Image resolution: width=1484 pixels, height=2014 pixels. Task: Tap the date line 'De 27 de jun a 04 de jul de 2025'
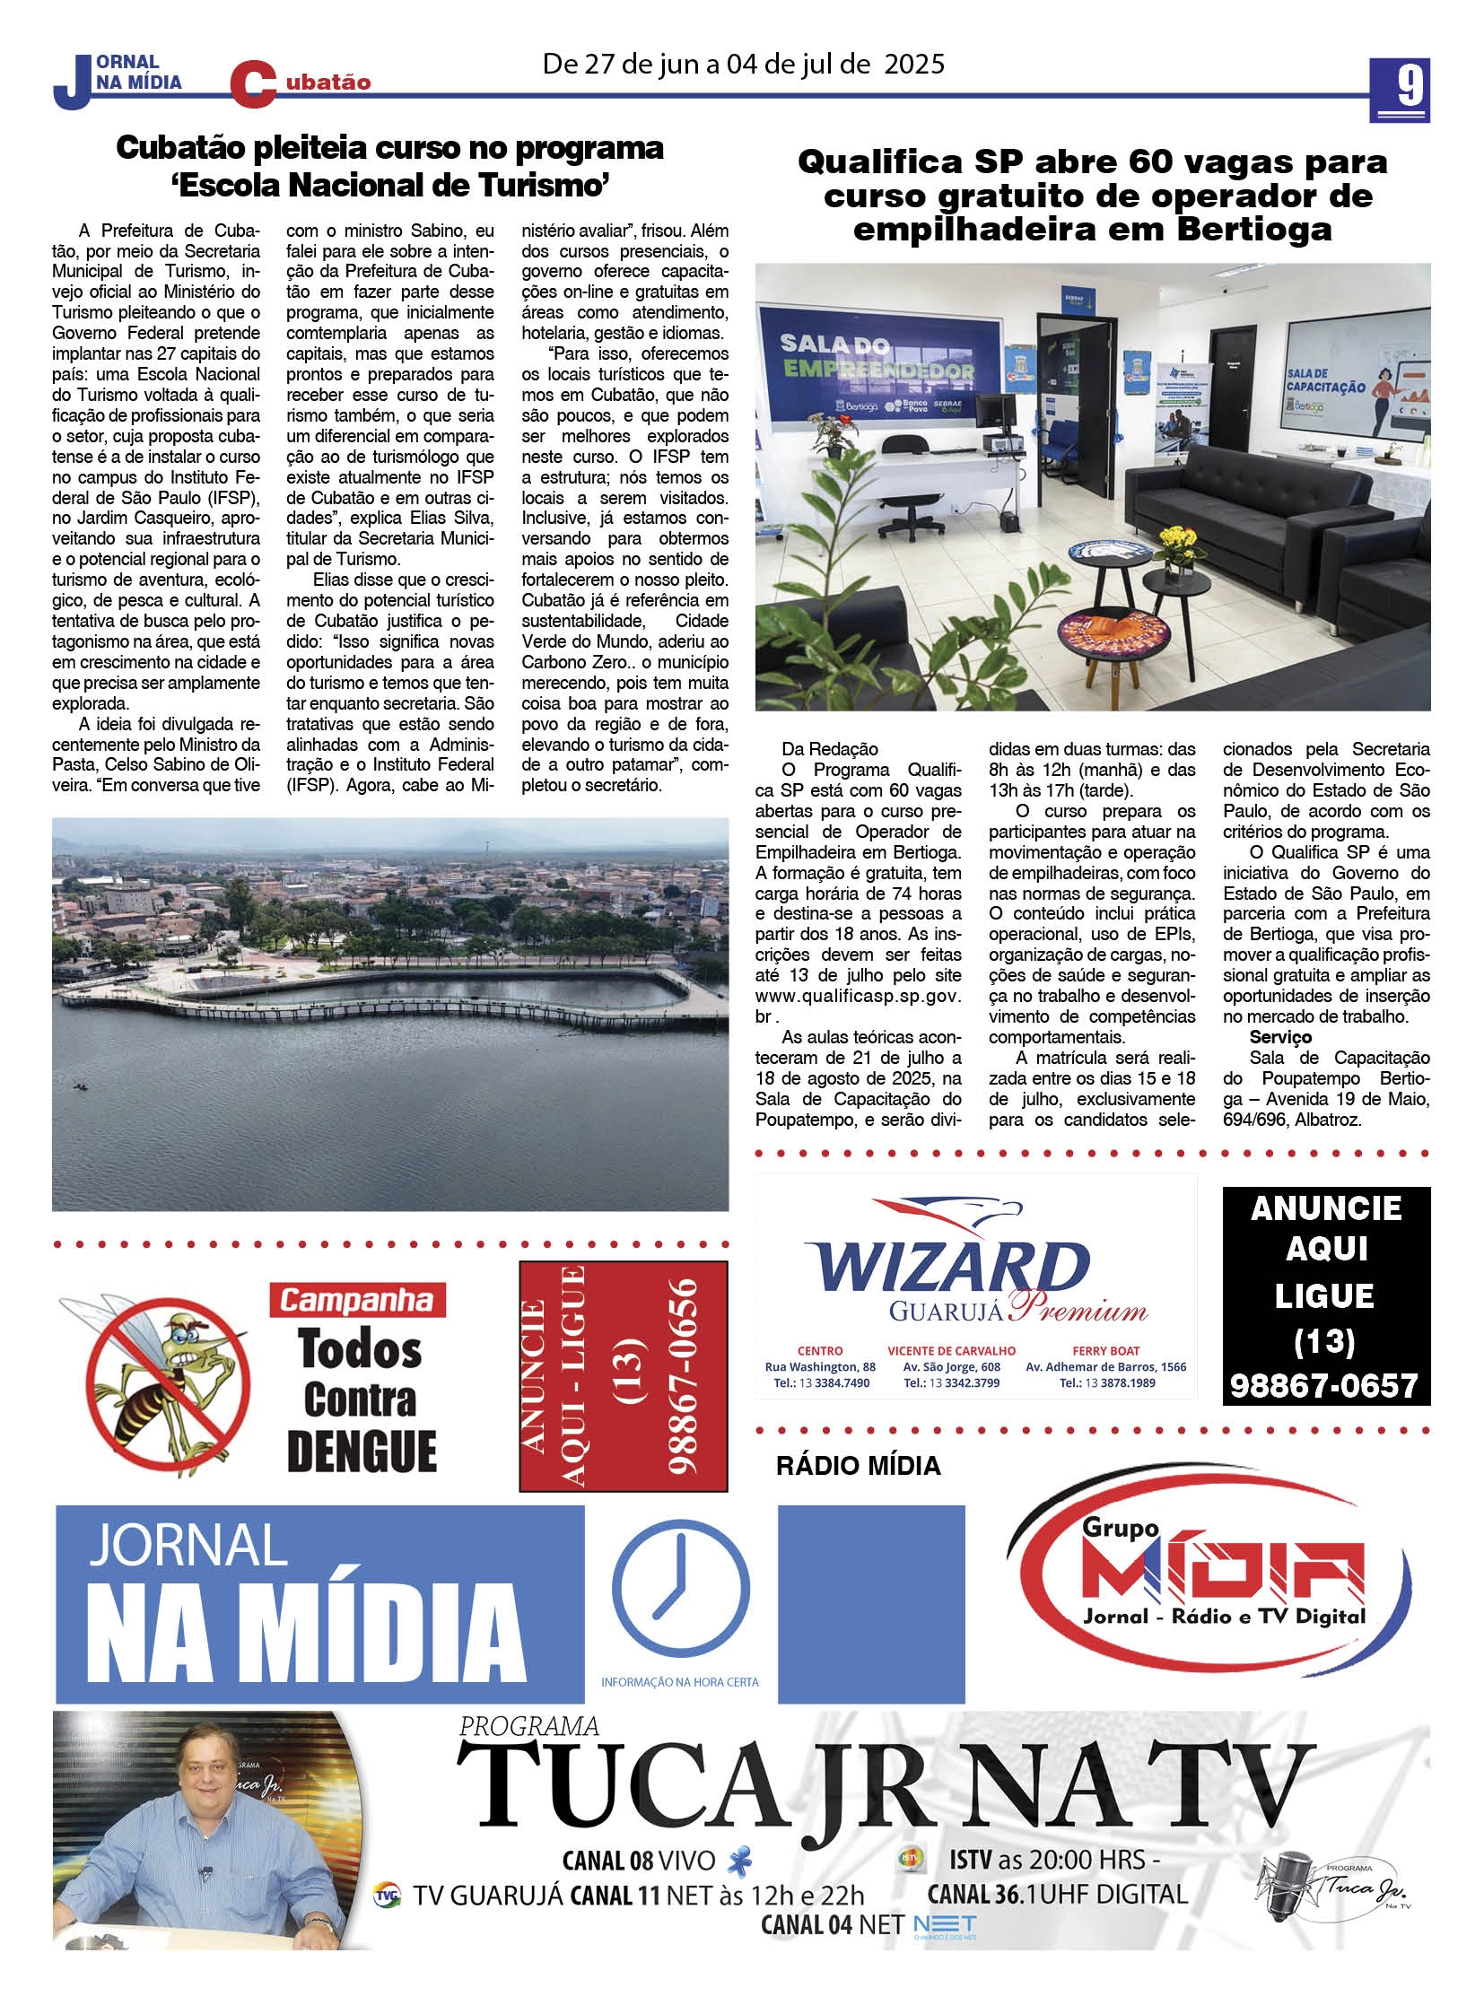click(x=743, y=64)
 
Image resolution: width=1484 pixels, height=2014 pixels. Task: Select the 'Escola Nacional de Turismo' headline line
click(x=389, y=186)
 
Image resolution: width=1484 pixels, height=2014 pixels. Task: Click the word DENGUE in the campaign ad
click(x=361, y=1452)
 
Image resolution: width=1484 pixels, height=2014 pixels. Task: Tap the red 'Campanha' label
click(x=356, y=1300)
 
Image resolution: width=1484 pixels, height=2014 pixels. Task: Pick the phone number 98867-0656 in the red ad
click(x=684, y=1376)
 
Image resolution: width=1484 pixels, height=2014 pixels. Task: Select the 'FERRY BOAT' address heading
click(x=1104, y=1351)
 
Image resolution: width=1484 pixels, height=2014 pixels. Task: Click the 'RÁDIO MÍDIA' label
click(x=857, y=1467)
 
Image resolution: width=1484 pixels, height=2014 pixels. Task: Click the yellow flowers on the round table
click(x=1177, y=542)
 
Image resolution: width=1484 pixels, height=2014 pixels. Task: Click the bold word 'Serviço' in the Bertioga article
click(x=1280, y=1038)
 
